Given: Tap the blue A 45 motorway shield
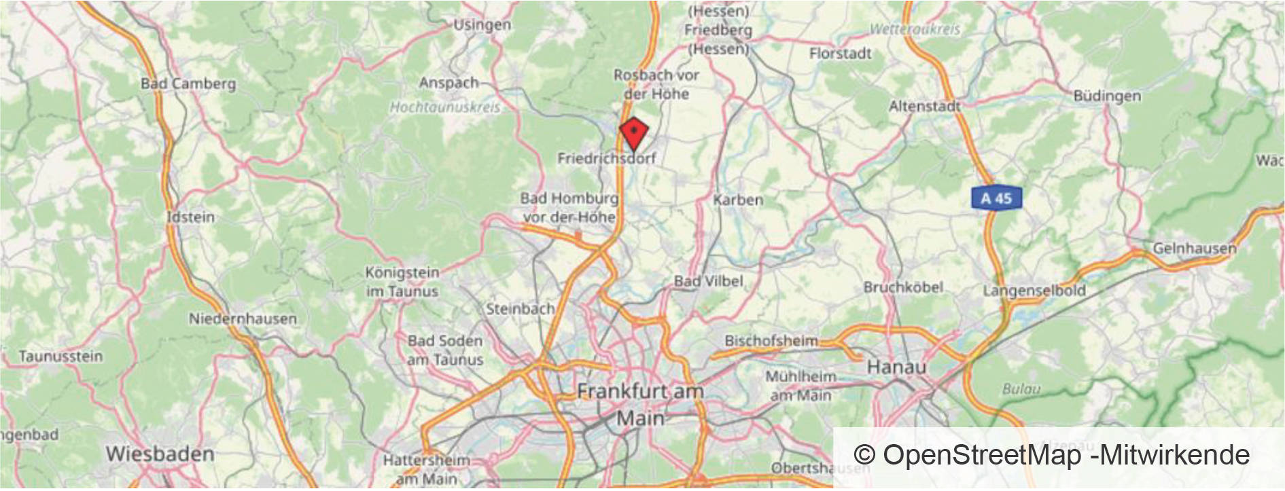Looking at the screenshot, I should [x=996, y=198].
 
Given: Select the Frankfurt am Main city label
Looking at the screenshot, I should [x=639, y=404].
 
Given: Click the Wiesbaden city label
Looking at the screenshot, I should [x=160, y=454].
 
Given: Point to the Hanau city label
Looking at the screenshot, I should [x=896, y=367].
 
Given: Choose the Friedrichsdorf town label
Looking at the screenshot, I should [x=606, y=158].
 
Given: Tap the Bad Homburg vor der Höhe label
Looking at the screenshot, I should [x=569, y=208].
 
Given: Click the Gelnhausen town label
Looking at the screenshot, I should [x=1194, y=249].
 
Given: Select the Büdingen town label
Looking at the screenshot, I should [x=1107, y=96].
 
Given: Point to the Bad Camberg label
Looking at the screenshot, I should [x=188, y=84].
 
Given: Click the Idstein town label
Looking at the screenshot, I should [x=191, y=217].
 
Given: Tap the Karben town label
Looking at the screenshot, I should [x=738, y=200].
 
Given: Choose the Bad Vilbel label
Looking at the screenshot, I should [x=708, y=280].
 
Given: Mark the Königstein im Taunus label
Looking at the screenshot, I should [x=402, y=282].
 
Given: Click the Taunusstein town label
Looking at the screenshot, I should [x=60, y=356].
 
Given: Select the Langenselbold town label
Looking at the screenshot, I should [x=1034, y=291].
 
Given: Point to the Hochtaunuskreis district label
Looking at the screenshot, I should [x=444, y=107].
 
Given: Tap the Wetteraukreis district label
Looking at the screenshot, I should [x=915, y=29].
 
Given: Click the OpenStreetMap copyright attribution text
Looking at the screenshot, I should [x=1051, y=455].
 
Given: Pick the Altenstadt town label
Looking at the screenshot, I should [x=925, y=106].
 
